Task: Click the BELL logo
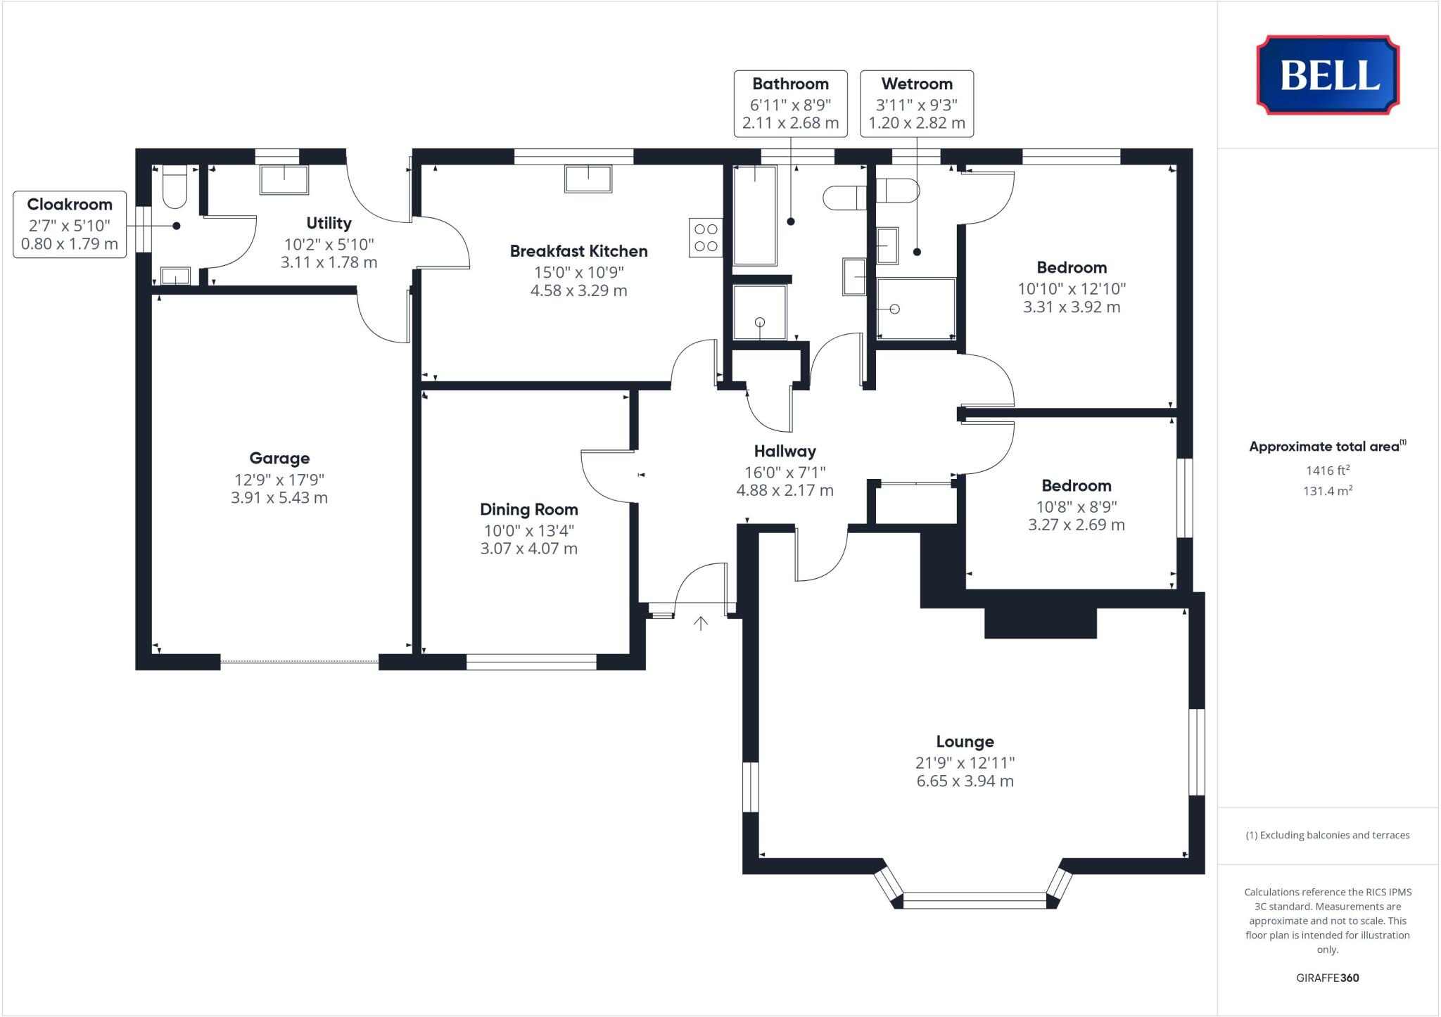[1328, 75]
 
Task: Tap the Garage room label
[279, 459]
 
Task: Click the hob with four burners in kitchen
[706, 237]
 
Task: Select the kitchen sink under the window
[588, 179]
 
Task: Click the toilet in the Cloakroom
[174, 186]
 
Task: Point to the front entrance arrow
[700, 622]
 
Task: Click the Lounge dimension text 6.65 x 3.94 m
[965, 781]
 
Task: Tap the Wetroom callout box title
[916, 84]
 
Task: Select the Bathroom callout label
[790, 84]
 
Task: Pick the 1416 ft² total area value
[1327, 471]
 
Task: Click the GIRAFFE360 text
[1327, 978]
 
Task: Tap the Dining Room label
[528, 509]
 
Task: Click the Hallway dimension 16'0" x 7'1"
[785, 472]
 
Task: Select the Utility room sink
[284, 179]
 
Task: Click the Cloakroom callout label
[70, 205]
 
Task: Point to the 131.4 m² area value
[1327, 491]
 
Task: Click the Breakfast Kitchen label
[578, 251]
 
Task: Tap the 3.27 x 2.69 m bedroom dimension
[1076, 525]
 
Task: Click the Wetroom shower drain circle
[894, 309]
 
